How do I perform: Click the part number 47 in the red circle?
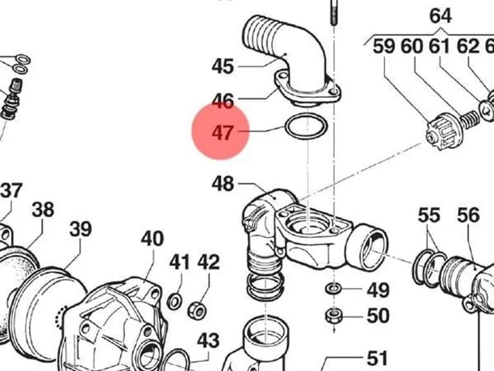pos(223,133)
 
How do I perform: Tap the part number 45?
pos(223,66)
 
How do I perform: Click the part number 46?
pos(223,100)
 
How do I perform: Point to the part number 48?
pos(223,184)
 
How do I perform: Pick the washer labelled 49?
pos(333,289)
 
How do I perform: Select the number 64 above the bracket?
pos(441,15)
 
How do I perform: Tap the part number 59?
pos(384,46)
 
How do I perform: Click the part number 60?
pos(412,46)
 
